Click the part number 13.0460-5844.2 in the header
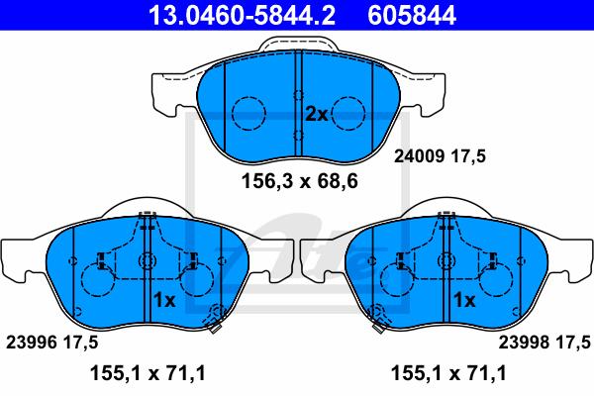click(242, 16)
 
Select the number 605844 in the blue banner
click(412, 16)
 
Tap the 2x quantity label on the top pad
click(317, 114)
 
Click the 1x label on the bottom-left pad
click(164, 300)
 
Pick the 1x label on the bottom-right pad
click(464, 300)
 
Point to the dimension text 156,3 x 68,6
click(300, 181)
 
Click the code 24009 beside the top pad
click(419, 155)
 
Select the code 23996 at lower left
click(31, 343)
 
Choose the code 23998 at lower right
click(523, 343)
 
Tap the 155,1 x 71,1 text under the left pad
click(148, 373)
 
